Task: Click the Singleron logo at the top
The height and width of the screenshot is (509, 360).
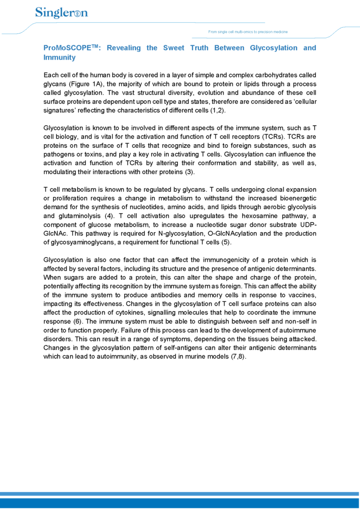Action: click(x=61, y=13)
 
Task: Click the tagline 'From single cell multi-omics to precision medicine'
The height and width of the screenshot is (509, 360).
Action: click(x=248, y=32)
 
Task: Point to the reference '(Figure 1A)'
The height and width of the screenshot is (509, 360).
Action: click(x=87, y=84)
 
